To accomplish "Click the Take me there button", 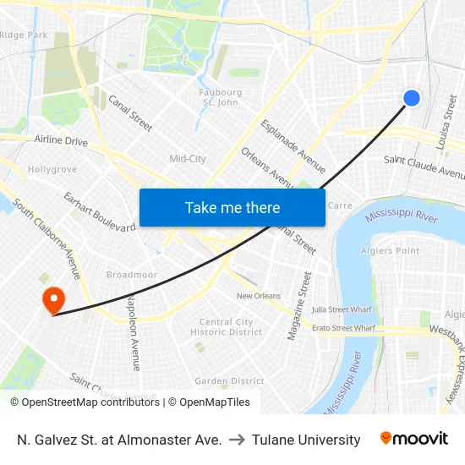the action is pyautogui.click(x=232, y=207).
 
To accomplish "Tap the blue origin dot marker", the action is pyautogui.click(x=412, y=98).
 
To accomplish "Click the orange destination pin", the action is pyautogui.click(x=53, y=299).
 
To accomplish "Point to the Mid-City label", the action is pyautogui.click(x=188, y=159).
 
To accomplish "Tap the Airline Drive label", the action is pyautogui.click(x=61, y=141).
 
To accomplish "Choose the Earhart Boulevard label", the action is pyautogui.click(x=99, y=211).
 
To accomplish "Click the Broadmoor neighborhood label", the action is pyautogui.click(x=131, y=275).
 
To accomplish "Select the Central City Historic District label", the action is pyautogui.click(x=227, y=327).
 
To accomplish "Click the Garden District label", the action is pyautogui.click(x=229, y=381).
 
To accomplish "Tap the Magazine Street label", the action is pyautogui.click(x=299, y=306).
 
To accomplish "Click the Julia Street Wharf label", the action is pyautogui.click(x=341, y=309).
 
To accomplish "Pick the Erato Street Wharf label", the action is pyautogui.click(x=343, y=328).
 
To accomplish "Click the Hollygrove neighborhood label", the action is pyautogui.click(x=52, y=169).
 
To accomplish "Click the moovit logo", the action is pyautogui.click(x=414, y=439).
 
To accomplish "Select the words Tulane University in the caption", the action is pyautogui.click(x=306, y=440).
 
